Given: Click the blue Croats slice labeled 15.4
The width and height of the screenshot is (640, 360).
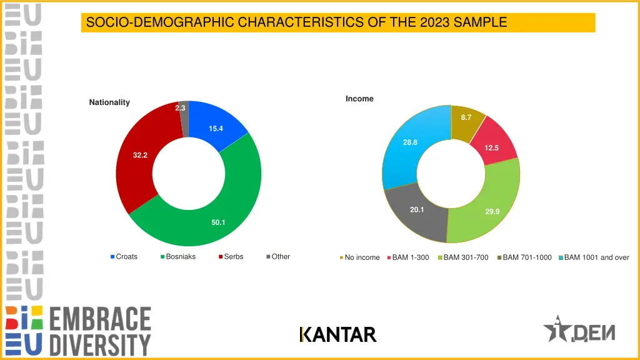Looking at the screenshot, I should [216, 129].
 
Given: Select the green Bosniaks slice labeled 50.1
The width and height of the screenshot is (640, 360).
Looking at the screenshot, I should [219, 222].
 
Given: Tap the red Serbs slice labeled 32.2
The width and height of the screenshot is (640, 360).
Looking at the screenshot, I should [140, 155].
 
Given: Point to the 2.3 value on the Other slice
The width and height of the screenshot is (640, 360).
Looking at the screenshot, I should [180, 108].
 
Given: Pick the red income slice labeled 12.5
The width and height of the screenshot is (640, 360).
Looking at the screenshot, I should [491, 147].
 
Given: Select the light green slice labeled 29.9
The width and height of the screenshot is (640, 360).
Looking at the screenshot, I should [492, 211].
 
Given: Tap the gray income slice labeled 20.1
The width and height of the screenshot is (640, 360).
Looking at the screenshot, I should [417, 210].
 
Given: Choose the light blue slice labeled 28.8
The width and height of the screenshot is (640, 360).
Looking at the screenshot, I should [410, 142].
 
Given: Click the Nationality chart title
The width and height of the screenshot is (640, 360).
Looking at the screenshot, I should [109, 102].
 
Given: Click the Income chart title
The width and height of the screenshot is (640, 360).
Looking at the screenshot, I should [359, 99].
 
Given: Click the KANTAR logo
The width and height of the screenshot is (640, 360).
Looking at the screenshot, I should [338, 335].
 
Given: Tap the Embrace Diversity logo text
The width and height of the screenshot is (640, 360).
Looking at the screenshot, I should [100, 331].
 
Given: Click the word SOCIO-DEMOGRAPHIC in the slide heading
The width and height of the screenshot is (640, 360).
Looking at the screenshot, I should [161, 23].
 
